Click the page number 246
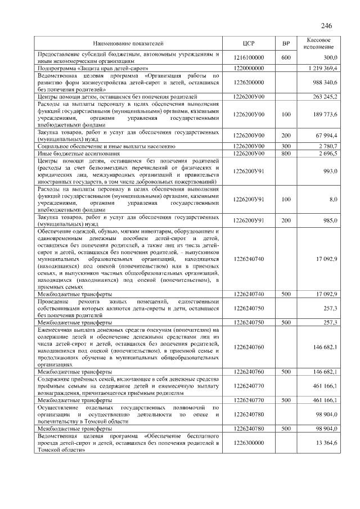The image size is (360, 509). pyautogui.click(x=326, y=26)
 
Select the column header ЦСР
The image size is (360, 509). pyautogui.click(x=249, y=43)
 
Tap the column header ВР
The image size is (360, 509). pyautogui.click(x=285, y=43)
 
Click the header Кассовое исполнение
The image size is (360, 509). pyautogui.click(x=322, y=43)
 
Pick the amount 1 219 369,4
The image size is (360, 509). pyautogui.click(x=322, y=68)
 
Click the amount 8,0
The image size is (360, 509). pyautogui.click(x=333, y=199)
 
